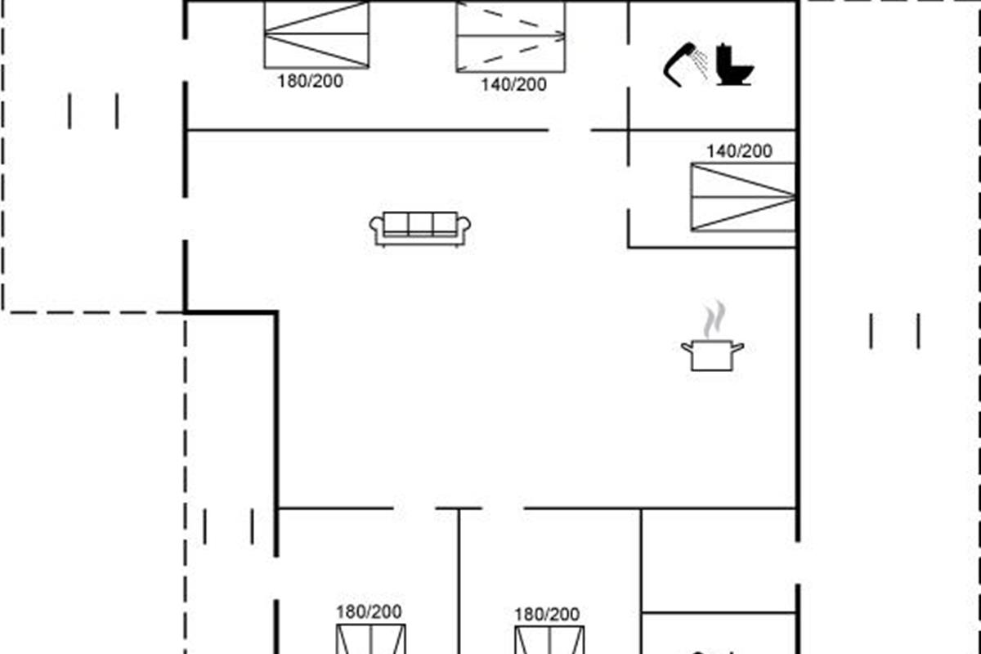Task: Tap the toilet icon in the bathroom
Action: pos(735,65)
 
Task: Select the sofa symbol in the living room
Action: pos(420,228)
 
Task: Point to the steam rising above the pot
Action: pos(714,319)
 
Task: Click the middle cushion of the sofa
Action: pos(420,223)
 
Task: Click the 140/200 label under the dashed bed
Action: pos(513,84)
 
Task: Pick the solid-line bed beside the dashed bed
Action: pos(316,34)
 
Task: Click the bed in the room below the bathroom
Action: pos(743,197)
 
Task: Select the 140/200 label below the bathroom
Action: pos(739,151)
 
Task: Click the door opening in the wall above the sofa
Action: pos(569,130)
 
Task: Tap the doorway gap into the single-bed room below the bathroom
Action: pos(628,187)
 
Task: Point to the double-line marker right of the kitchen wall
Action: pos(894,331)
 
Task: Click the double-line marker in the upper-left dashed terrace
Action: pos(93,111)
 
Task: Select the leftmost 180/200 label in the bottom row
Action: pos(369,611)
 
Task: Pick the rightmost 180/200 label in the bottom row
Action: pos(547,614)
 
